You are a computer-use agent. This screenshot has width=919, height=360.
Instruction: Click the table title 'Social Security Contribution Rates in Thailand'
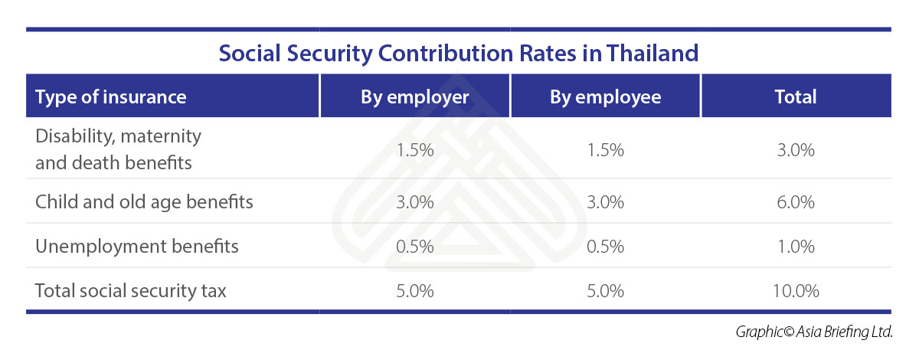click(459, 54)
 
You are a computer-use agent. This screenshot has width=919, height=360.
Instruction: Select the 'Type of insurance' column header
click(111, 97)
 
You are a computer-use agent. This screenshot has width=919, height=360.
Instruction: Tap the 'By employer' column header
click(415, 97)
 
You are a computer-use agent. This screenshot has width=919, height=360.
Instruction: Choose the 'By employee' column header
click(605, 97)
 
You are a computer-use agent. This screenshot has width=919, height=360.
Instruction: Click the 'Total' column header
click(796, 97)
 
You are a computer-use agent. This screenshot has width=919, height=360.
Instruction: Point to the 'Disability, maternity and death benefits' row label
click(119, 149)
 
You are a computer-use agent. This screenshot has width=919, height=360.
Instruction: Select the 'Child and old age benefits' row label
click(144, 202)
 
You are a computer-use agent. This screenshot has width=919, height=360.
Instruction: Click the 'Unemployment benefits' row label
click(137, 247)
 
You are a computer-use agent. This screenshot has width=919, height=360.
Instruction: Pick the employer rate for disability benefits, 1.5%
click(415, 150)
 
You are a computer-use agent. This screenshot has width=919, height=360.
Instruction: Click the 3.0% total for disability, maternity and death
click(796, 150)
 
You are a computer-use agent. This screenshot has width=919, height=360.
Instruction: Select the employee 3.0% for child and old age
click(605, 202)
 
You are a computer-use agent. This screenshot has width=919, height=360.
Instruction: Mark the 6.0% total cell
click(796, 202)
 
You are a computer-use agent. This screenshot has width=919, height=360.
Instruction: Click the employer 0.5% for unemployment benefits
click(415, 247)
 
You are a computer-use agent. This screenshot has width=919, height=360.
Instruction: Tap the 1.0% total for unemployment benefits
click(796, 247)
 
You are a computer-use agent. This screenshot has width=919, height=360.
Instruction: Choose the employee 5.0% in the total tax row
click(605, 291)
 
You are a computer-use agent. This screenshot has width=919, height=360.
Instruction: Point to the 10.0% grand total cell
click(796, 291)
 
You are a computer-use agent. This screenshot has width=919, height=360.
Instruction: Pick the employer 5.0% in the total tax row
click(415, 291)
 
